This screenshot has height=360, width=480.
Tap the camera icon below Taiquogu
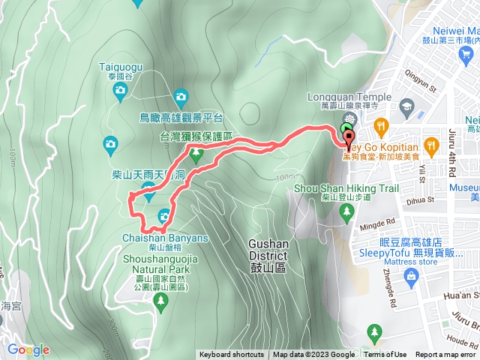coord(120,91)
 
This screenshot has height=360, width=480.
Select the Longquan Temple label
coord(350,97)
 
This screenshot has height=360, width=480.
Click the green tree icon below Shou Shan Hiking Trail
coord(346,213)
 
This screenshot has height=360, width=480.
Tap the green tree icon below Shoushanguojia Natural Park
coord(159,301)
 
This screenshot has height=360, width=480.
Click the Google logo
coord(28,349)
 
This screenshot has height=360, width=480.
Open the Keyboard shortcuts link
coord(231,355)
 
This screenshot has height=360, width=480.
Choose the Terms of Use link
coord(385,355)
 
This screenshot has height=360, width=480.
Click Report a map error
coord(446,355)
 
